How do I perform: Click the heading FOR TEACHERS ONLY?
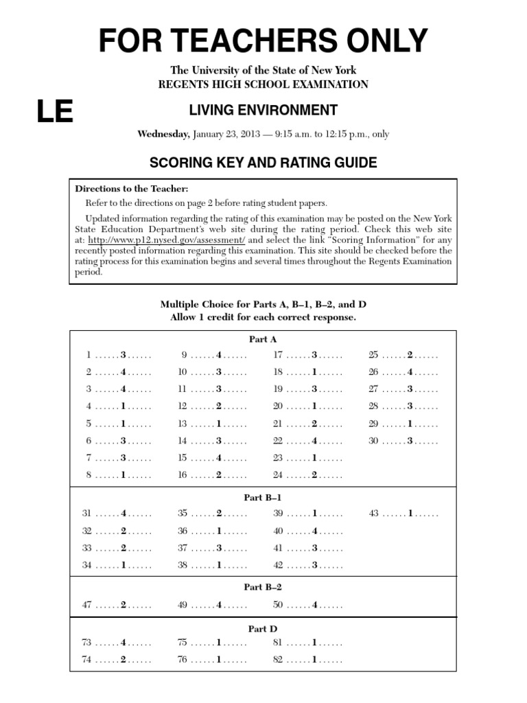pos(263,41)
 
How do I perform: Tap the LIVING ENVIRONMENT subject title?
pos(263,111)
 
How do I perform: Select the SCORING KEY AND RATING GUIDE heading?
pos(263,163)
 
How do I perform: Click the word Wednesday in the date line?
pos(163,134)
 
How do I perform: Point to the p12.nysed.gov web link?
pos(166,240)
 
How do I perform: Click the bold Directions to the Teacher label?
pos(131,188)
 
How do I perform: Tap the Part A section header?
pos(263,339)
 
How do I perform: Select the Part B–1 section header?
pos(263,497)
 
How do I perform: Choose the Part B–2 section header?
pos(263,587)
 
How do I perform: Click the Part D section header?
pos(263,628)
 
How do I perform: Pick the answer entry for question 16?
pos(213,474)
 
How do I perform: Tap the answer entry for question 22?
pos(308,441)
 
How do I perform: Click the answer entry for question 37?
pos(213,548)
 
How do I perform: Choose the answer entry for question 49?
pos(213,605)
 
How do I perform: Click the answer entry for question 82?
pos(308,660)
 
